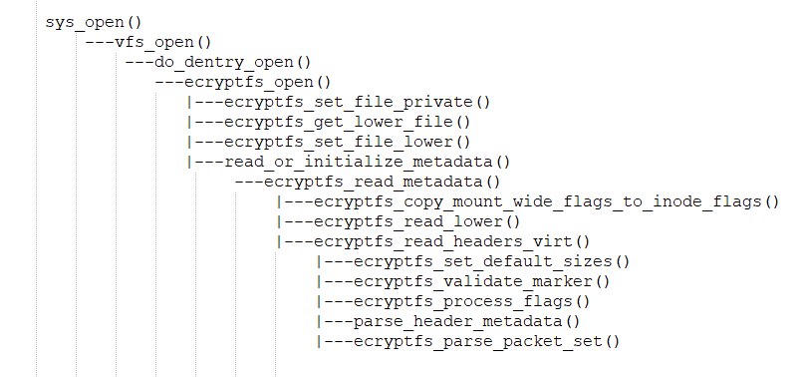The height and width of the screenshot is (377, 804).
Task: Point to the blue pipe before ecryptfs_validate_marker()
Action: coord(318,281)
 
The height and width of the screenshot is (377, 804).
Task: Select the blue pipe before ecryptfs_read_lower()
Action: coord(279,221)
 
